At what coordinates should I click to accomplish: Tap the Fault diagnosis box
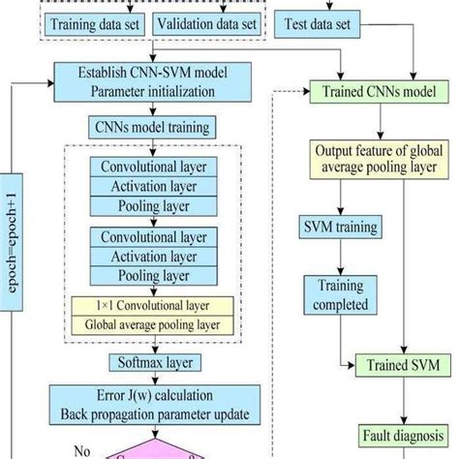(x=398, y=435)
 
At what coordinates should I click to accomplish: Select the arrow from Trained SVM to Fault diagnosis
(x=398, y=401)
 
